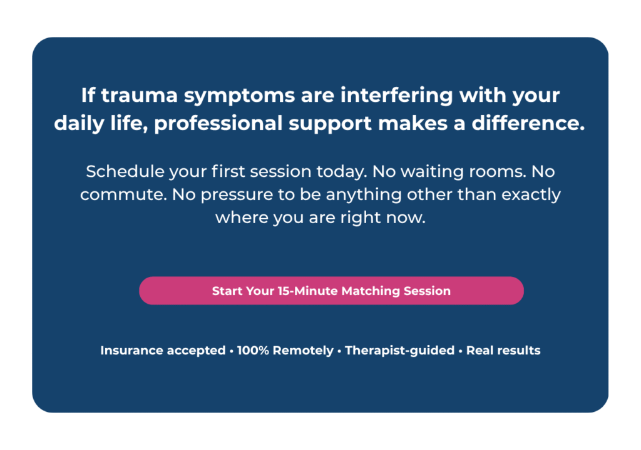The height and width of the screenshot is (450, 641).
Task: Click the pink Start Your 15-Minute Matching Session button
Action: [331, 291]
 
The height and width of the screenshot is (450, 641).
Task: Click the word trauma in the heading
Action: [140, 95]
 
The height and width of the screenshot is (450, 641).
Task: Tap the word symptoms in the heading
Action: [239, 96]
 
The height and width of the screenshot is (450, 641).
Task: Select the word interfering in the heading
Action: [396, 96]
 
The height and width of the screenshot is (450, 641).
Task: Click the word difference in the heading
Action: [528, 123]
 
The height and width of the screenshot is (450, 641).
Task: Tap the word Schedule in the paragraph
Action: [125, 171]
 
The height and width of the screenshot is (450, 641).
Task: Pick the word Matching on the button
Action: [371, 291]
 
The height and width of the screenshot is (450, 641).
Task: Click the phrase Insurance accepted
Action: [163, 351]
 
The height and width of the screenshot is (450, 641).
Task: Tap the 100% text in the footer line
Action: [253, 351]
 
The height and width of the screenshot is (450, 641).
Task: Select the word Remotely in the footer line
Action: [303, 351]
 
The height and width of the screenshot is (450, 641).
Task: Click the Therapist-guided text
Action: [400, 351]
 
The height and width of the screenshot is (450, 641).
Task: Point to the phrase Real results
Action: [503, 351]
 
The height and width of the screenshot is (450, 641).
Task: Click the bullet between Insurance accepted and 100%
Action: [232, 351]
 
